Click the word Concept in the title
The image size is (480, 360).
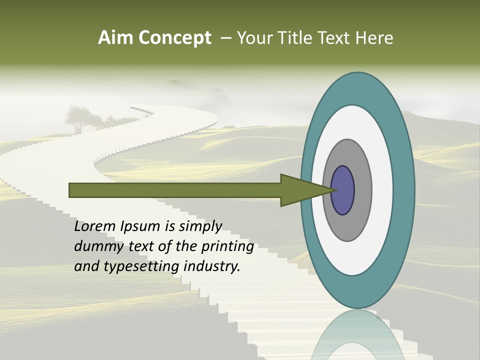(x=174, y=38)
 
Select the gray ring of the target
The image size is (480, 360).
(x=362, y=190)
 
